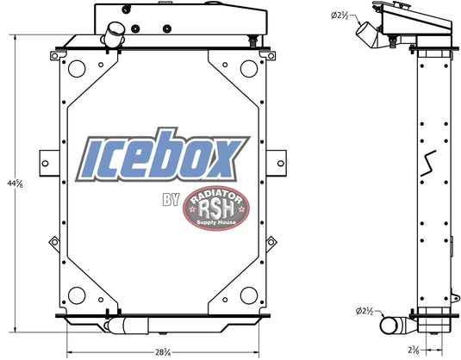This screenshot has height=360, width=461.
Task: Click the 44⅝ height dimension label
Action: coord(14,183)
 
